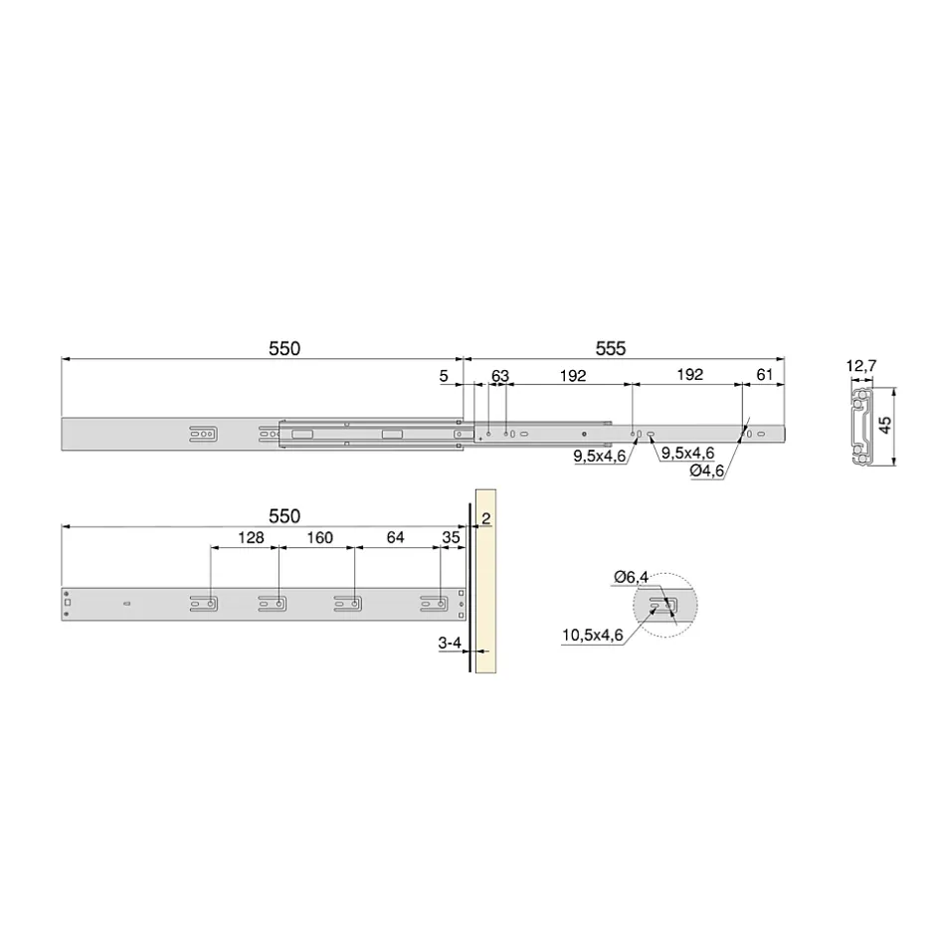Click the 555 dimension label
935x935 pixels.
pyautogui.click(x=611, y=348)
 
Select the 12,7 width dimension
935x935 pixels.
pyautogui.click(x=861, y=365)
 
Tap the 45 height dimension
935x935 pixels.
pyautogui.click(x=885, y=425)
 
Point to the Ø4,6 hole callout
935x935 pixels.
pyautogui.click(x=706, y=470)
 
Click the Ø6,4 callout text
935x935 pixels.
pyautogui.click(x=631, y=577)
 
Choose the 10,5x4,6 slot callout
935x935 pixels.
pyautogui.click(x=592, y=635)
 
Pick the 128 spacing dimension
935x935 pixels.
pyautogui.click(x=251, y=538)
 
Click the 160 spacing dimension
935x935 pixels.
pyautogui.click(x=319, y=538)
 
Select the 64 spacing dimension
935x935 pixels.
pyautogui.click(x=395, y=537)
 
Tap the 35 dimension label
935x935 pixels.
pyautogui.click(x=451, y=537)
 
